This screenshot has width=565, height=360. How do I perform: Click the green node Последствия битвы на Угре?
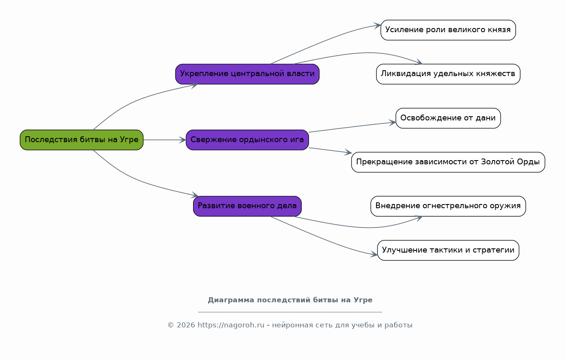coord(82,140)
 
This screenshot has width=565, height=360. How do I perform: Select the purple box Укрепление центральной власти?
coord(247,74)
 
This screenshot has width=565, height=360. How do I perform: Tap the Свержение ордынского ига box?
coord(247,140)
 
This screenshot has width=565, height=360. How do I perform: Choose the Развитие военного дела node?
coord(247,206)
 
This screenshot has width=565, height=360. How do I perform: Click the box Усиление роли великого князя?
coord(448,30)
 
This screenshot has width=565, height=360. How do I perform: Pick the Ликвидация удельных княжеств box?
coord(448,74)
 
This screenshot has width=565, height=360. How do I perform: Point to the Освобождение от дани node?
coord(448,118)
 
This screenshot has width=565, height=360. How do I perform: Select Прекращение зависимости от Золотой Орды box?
coord(448,162)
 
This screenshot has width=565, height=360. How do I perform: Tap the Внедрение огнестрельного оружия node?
coord(448,206)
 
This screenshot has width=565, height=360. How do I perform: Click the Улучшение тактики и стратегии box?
coord(448,250)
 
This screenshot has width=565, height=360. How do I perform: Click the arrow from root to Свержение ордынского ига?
coord(165,140)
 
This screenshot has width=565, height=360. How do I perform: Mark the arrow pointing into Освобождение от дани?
coord(352,127)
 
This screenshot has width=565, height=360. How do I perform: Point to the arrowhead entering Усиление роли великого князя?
coord(377,26)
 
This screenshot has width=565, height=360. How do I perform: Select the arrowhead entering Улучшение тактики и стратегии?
coord(374,255)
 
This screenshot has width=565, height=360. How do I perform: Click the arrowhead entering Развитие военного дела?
coord(194,195)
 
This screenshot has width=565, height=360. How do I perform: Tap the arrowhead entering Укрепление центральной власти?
coord(194,85)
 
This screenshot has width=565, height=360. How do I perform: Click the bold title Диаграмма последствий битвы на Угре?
coord(290,300)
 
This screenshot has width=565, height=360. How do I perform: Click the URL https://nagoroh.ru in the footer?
coord(231,325)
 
